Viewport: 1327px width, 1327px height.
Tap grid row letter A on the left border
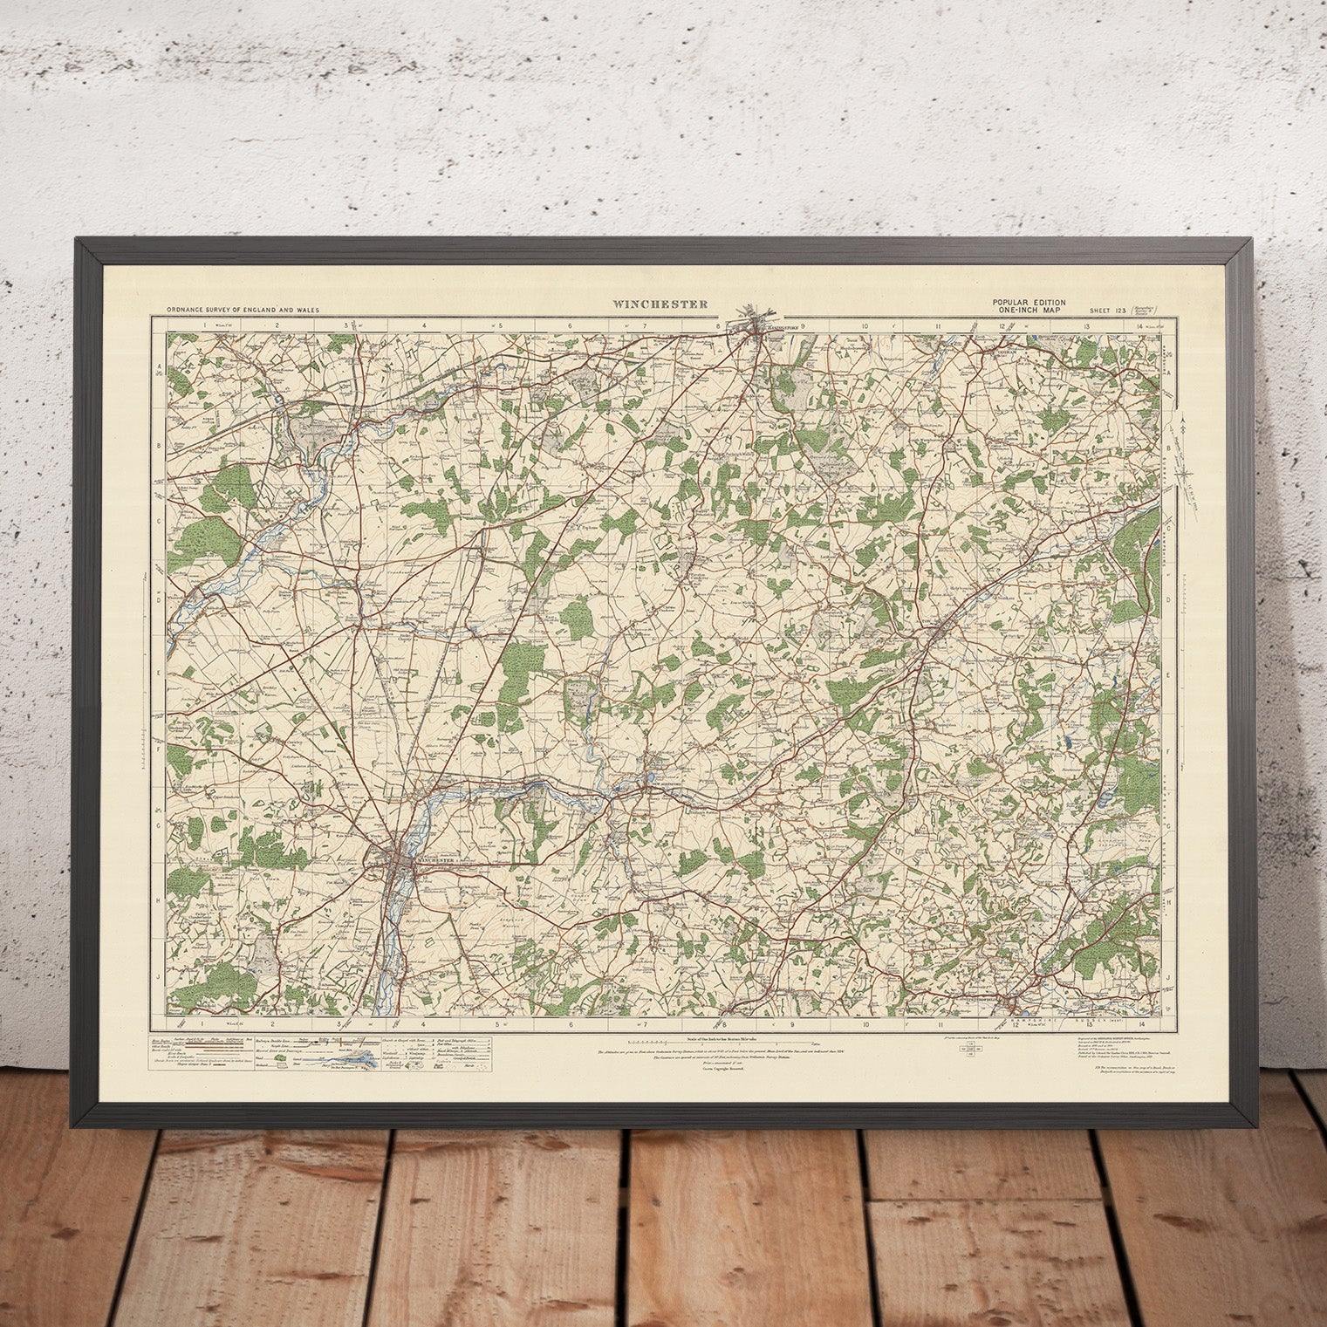click(x=160, y=368)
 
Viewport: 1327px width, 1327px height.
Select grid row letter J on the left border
click(x=160, y=979)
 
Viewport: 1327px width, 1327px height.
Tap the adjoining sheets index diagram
click(x=969, y=1049)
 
